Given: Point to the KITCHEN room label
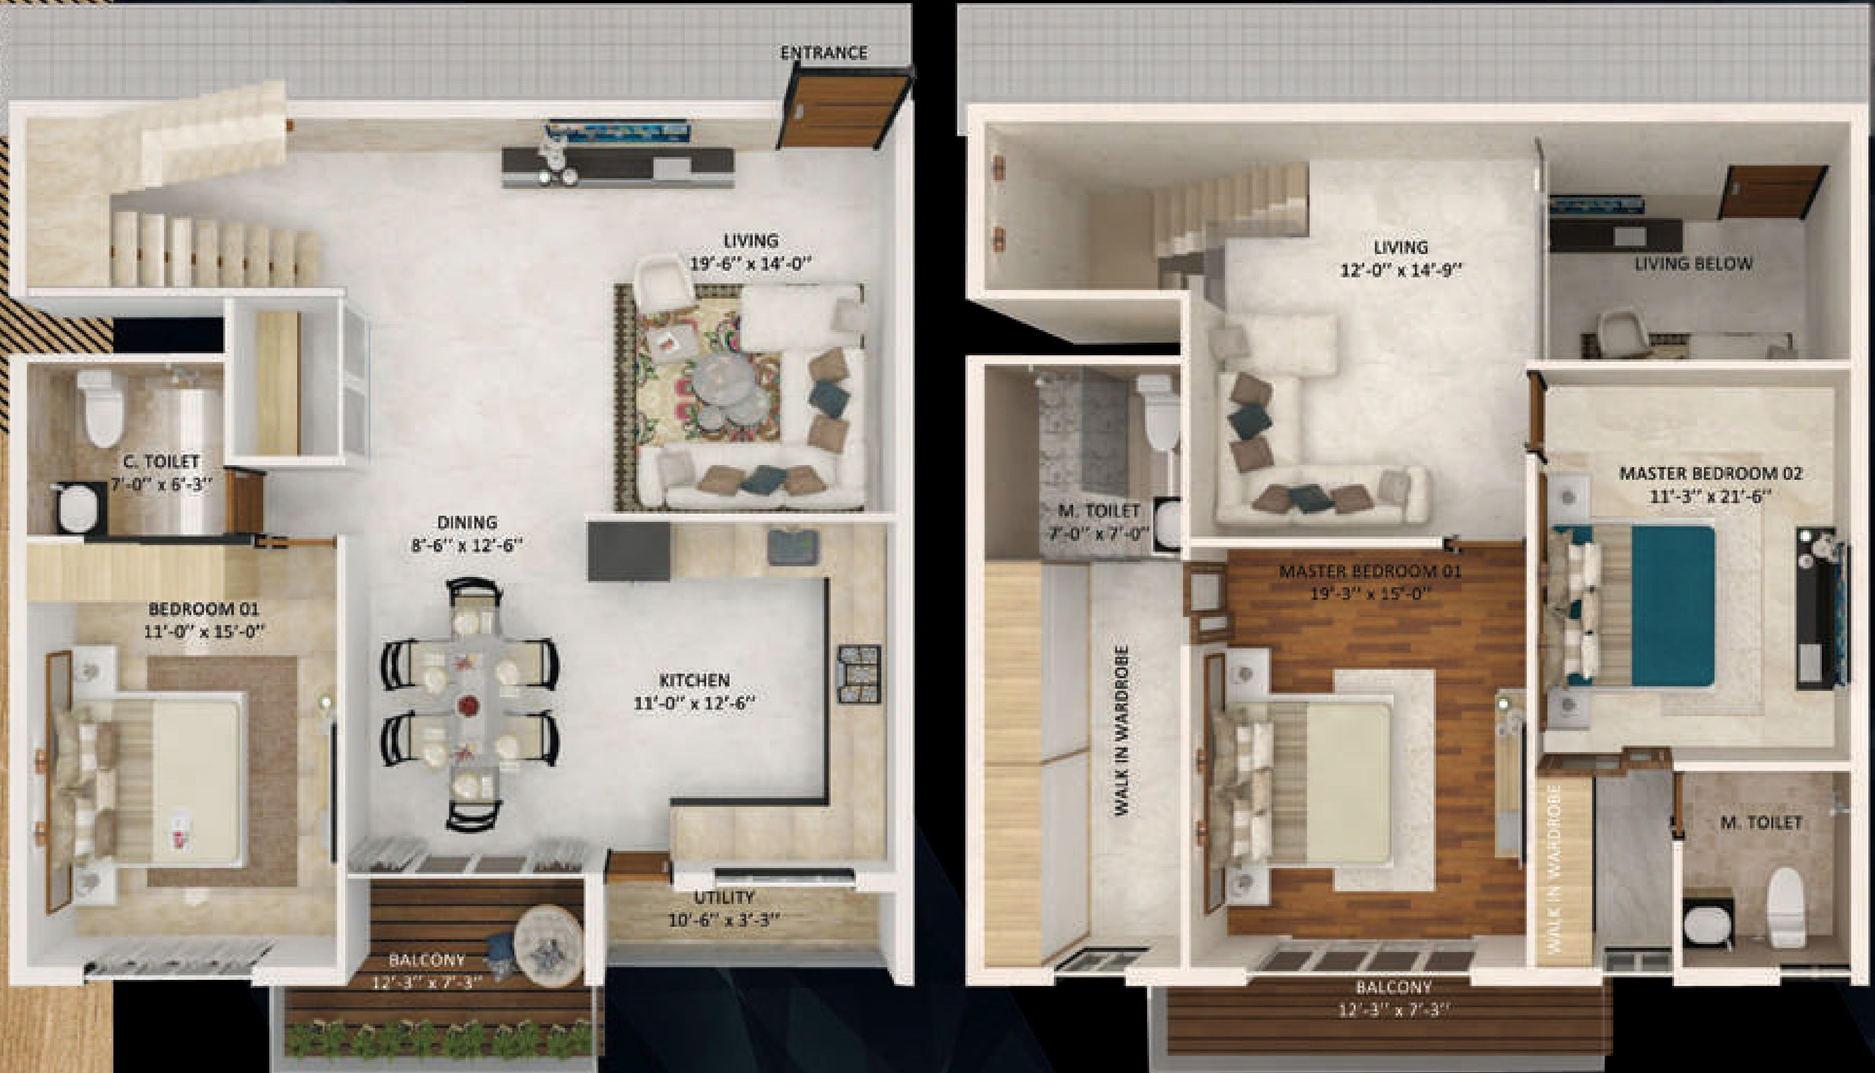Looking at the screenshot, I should click(694, 679).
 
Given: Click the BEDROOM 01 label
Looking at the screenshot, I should click(203, 609).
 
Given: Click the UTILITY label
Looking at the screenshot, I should click(724, 897).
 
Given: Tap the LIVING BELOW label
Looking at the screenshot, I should click(1693, 263).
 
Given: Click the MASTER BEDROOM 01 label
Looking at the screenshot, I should click(1369, 570).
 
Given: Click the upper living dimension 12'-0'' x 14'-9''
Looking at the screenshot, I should click(1400, 270).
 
